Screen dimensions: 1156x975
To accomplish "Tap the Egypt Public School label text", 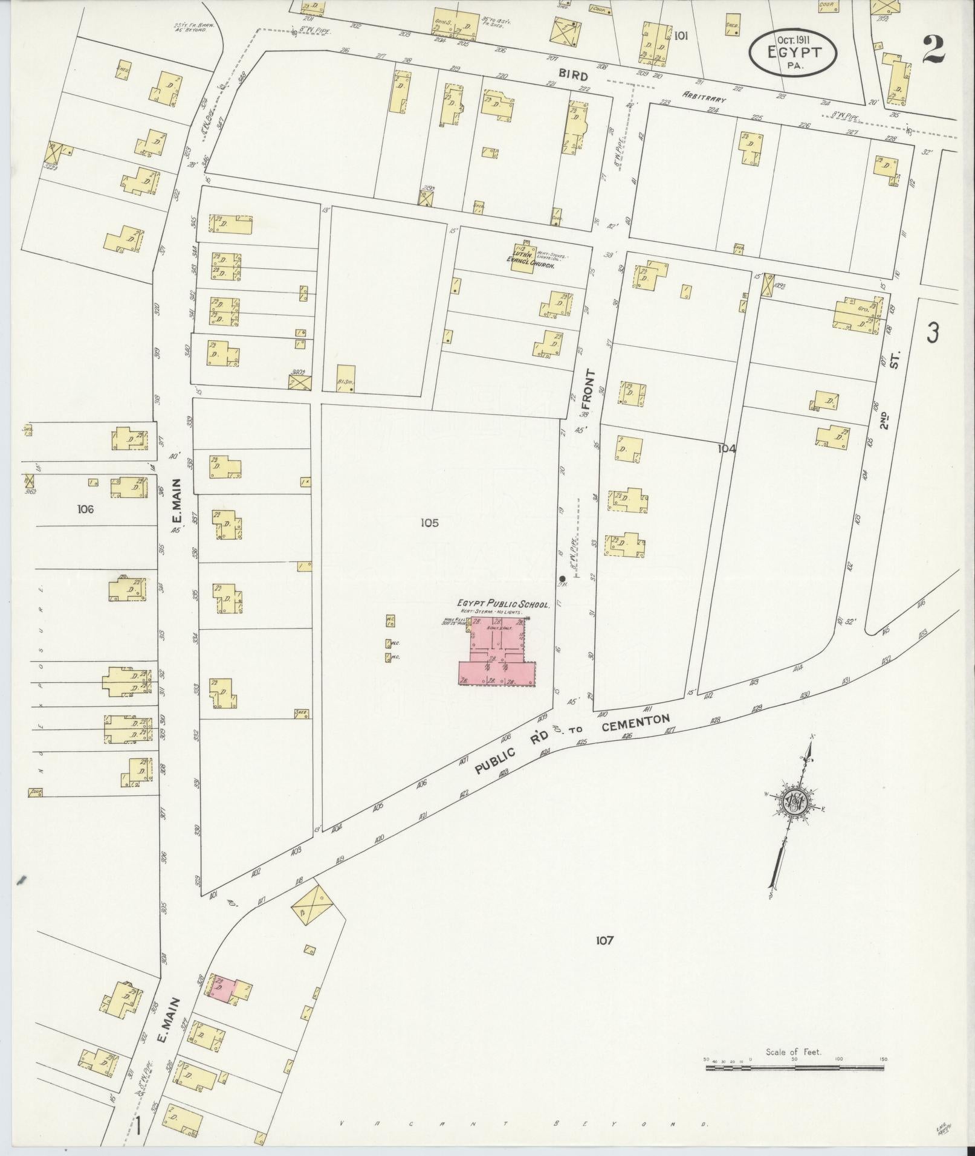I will coord(503,604).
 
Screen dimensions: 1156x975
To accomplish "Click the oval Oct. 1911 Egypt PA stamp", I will coord(794,53).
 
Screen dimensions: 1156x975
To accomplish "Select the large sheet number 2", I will coord(934,50).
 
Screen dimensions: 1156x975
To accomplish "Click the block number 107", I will coord(604,940).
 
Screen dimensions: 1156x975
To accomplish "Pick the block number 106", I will coord(85,509).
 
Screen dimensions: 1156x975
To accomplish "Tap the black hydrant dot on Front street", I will coord(563,578).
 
